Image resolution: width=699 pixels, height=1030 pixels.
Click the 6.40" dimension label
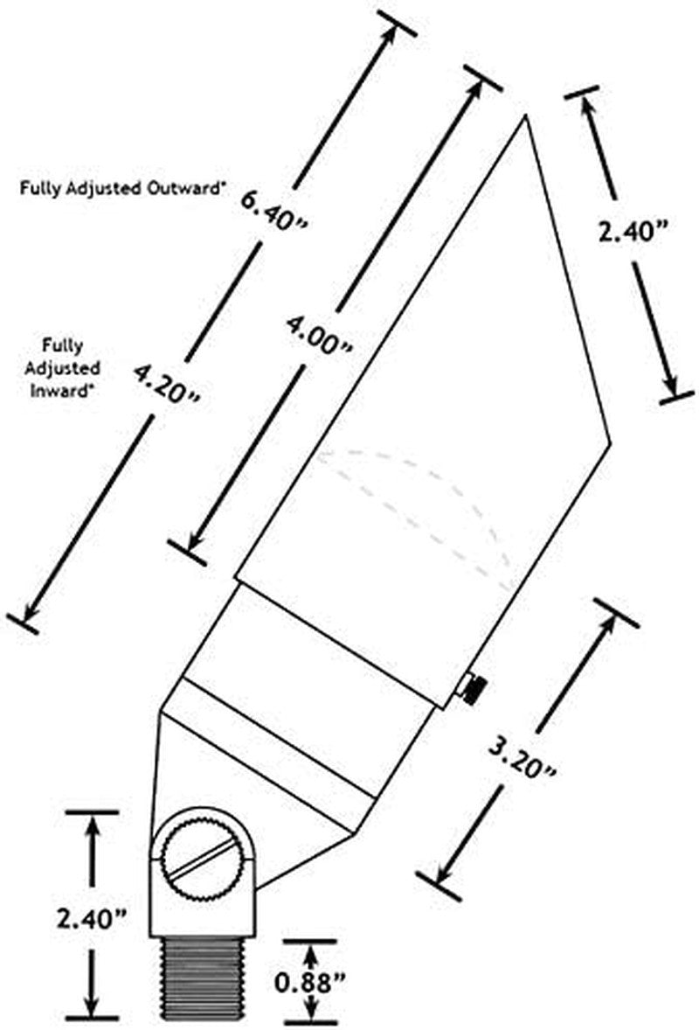[273, 209]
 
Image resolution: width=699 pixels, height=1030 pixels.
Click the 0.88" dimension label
[310, 984]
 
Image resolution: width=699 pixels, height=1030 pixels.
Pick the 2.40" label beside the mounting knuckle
[91, 919]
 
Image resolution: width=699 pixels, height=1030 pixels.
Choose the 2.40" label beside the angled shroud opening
[633, 232]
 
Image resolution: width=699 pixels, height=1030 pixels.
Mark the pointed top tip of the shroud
[524, 115]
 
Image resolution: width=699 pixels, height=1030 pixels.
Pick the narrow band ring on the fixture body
[270, 740]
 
